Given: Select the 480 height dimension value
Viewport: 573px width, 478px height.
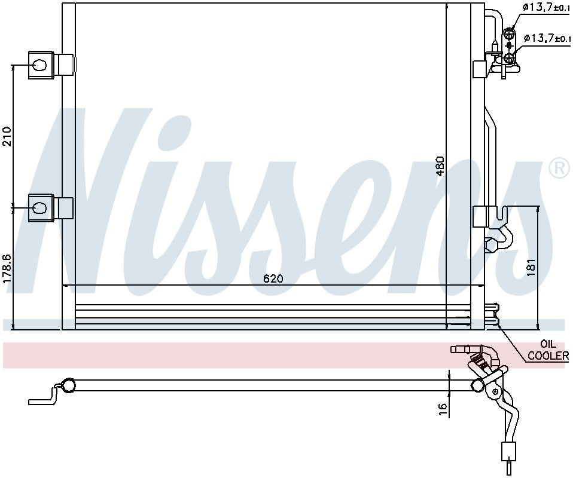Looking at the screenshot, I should click(440, 167).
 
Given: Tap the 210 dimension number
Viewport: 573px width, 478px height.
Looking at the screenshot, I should click(7, 136).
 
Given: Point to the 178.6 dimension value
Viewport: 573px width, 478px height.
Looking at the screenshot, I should click(7, 269).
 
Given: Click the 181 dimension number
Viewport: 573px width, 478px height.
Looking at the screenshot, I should click(531, 266).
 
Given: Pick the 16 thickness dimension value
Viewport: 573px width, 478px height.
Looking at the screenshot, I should click(443, 409).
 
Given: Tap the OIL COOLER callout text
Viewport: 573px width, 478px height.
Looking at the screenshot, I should click(548, 350).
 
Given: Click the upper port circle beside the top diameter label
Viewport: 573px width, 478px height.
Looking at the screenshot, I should click(509, 33).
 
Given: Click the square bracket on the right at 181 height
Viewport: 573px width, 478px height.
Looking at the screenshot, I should click(481, 216).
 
